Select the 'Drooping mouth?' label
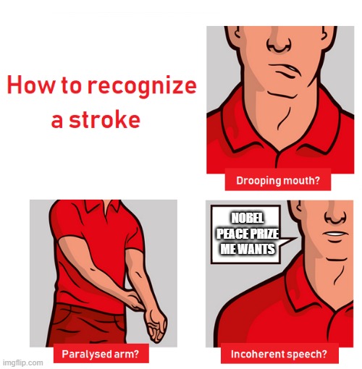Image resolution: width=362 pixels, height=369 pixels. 279,180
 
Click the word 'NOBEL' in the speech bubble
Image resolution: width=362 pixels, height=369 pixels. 244,219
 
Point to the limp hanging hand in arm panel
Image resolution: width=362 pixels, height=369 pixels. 155,328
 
